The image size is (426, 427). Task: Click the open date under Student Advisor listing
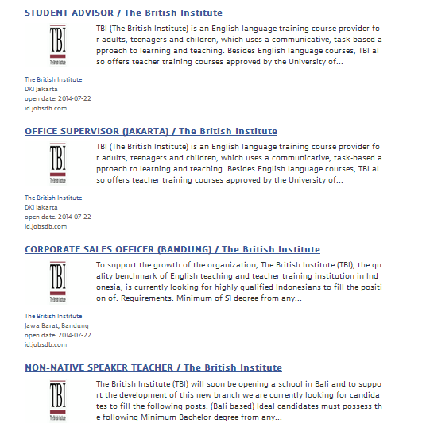(x=57, y=98)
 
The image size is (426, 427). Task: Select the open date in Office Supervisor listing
(x=57, y=216)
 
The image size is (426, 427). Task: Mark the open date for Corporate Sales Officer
(x=57, y=335)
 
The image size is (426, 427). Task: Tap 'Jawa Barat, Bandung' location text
(x=56, y=325)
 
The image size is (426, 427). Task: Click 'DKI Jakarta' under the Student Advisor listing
(x=41, y=89)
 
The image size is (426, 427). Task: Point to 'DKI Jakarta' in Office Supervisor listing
(x=41, y=207)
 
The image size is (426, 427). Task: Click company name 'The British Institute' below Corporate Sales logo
(x=53, y=316)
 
